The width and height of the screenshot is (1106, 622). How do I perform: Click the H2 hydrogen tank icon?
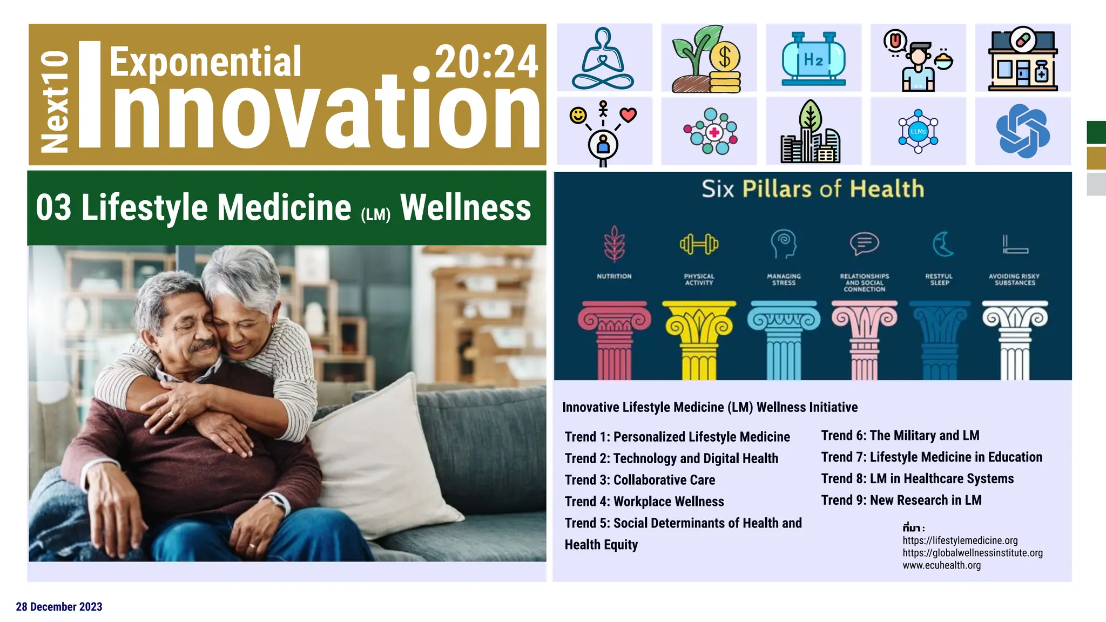pyautogui.click(x=813, y=58)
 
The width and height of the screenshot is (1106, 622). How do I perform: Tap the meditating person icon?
pyautogui.click(x=603, y=58)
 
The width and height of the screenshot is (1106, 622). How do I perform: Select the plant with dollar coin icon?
pyautogui.click(x=707, y=58)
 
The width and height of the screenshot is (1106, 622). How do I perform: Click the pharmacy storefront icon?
pyautogui.click(x=1022, y=58)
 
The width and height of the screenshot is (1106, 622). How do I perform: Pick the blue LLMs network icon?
pyautogui.click(x=918, y=131)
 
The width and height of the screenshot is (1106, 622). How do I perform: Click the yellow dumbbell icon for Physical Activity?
pyautogui.click(x=699, y=244)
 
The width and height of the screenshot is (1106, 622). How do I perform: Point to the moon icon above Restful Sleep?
pyautogui.click(x=942, y=244)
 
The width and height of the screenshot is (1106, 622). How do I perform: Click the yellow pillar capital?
pyautogui.click(x=699, y=321)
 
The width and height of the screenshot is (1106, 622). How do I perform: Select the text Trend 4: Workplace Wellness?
pyautogui.click(x=644, y=502)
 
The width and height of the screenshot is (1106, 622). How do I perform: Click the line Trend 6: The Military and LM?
pyautogui.click(x=900, y=436)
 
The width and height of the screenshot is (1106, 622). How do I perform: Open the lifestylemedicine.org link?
pyautogui.click(x=960, y=540)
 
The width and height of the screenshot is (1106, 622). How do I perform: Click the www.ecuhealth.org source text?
pyautogui.click(x=941, y=565)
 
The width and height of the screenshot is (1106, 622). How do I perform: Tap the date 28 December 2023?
pyautogui.click(x=59, y=607)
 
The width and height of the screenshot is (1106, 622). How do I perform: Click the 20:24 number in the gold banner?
pyautogui.click(x=486, y=62)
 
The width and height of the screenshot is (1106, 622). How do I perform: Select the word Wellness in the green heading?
pyautogui.click(x=466, y=208)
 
